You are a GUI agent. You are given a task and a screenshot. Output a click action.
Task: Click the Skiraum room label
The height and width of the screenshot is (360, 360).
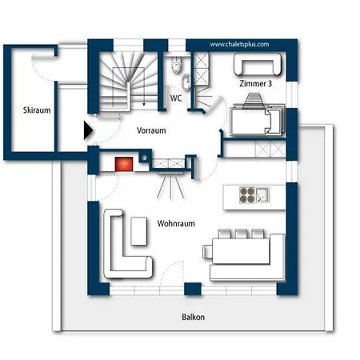tap(37, 110)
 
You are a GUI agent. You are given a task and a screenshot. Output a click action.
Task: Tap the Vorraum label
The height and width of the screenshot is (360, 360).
tap(151, 130)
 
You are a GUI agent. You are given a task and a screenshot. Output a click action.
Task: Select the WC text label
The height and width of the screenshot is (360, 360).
tap(176, 98)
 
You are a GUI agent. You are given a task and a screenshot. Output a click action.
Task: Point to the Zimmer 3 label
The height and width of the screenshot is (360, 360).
tap(255, 83)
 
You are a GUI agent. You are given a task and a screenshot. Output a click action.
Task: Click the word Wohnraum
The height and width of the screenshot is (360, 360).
tap(176, 223)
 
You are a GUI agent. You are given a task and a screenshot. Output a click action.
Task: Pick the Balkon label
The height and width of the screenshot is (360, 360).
tap(194, 317)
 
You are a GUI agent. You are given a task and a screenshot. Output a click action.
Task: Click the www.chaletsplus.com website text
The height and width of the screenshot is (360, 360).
tap(239, 44)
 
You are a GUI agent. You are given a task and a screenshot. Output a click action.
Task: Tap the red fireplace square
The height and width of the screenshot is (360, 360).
tap(124, 164)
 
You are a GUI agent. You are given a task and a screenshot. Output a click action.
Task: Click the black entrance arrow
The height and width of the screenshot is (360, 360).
tap(88, 130)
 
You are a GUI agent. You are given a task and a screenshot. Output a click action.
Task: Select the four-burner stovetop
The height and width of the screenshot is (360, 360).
tap(247, 195)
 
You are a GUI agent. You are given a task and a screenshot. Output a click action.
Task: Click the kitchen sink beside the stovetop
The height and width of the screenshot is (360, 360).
tap(262, 194)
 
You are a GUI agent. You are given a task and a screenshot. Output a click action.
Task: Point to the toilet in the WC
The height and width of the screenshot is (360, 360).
tap(176, 65)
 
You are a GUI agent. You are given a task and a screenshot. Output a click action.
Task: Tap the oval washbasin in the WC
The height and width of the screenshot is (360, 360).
tap(186, 81)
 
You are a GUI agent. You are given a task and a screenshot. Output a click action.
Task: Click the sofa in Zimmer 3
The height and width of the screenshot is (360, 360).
tap(258, 64)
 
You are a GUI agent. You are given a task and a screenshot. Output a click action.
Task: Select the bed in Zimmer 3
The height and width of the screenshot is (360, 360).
tap(257, 120)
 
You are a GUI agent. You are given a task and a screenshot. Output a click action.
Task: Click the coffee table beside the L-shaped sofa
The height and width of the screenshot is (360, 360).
tap(139, 231)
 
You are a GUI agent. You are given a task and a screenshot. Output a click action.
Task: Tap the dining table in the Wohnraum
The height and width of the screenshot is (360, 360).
tap(241, 251)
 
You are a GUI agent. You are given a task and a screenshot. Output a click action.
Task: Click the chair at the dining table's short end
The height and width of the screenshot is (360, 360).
tap(207, 252)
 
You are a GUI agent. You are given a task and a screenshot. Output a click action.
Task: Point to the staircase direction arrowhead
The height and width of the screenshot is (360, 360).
tap(144, 104)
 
